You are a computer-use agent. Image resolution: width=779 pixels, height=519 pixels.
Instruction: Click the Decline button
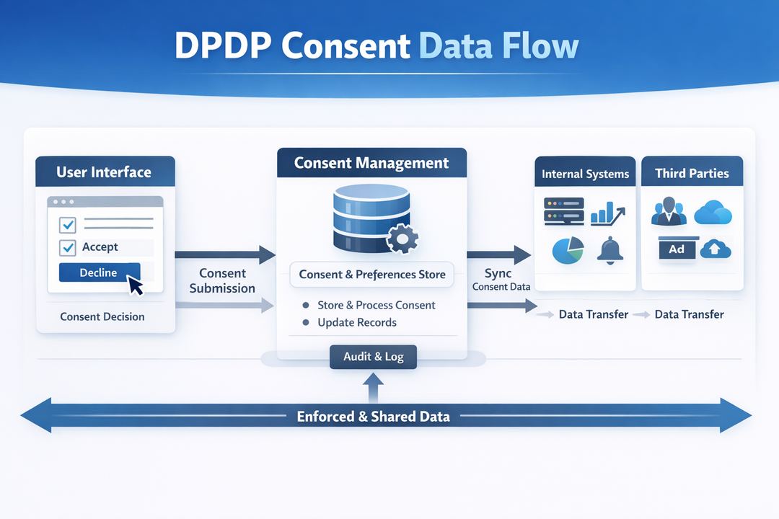point(99,272)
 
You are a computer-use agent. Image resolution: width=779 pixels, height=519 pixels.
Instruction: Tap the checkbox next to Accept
point(68,247)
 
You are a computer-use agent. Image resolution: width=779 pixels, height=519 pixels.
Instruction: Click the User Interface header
point(105,172)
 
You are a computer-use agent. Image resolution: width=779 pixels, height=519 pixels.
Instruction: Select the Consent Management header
point(371,163)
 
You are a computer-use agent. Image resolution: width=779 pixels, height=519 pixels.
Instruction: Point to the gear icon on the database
point(402,239)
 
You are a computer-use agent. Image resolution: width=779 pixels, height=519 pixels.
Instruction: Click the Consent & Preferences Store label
point(371,275)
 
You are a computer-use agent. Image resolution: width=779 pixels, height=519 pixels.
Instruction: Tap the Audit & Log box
point(373,356)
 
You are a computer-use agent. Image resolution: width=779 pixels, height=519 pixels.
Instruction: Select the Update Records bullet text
point(357,322)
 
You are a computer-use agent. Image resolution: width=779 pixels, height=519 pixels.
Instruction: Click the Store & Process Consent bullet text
point(376,305)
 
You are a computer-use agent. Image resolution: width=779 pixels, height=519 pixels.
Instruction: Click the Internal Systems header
point(585,174)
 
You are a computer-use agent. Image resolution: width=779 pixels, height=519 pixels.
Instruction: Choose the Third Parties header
point(692,173)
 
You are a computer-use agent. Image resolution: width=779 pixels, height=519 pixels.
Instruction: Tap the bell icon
point(609,250)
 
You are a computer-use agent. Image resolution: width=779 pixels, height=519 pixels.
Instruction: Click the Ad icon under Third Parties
point(677,249)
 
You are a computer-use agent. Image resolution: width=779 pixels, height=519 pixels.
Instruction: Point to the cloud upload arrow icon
point(715,249)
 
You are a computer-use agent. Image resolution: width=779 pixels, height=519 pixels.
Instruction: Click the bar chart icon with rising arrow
point(607,213)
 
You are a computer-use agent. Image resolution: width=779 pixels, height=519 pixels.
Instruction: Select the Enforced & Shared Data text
point(373,417)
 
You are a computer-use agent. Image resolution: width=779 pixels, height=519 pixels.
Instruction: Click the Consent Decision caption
point(102,316)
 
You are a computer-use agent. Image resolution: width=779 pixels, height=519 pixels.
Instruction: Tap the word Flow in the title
point(540,45)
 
